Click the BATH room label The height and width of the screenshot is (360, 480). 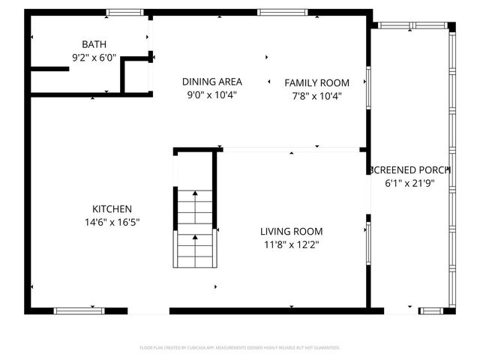94,44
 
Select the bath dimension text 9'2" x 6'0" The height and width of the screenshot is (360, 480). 94,57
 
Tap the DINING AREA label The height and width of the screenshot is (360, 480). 211,82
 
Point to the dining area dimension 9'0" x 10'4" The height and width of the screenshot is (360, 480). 211,95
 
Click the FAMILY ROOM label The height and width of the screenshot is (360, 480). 316,82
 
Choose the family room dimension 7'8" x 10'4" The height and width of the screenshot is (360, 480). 316,96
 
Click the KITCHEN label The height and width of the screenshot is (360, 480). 112,209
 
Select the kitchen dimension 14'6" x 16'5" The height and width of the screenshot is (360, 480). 112,222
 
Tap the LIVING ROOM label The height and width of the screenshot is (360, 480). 292,232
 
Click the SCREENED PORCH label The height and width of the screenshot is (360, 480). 409,170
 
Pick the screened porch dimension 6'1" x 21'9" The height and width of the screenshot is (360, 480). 409,183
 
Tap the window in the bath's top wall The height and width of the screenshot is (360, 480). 124,13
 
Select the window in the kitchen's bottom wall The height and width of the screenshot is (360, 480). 79,310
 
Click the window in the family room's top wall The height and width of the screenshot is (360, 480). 282,13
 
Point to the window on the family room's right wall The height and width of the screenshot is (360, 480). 367,87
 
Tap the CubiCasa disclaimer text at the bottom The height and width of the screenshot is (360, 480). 240,348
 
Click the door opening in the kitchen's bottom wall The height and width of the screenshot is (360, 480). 148,310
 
